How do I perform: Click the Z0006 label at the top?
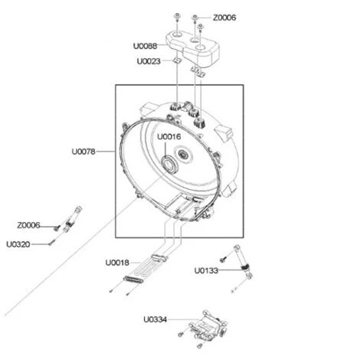click(x=225, y=17)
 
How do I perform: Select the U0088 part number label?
click(x=149, y=46)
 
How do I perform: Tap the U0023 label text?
click(x=149, y=61)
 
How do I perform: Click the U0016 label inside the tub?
click(x=170, y=136)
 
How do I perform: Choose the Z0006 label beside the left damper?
click(x=29, y=226)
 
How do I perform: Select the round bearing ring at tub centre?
click(x=169, y=162)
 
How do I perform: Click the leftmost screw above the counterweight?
click(x=176, y=17)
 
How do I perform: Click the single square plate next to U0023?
click(x=175, y=62)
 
